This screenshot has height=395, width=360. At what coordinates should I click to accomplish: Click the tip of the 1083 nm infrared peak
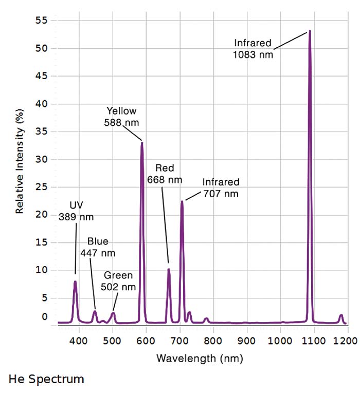(310, 31)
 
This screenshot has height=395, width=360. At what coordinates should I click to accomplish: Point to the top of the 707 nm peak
(182, 201)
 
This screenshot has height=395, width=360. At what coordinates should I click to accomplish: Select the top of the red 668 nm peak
(168, 269)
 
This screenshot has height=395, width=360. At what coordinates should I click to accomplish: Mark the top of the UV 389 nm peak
(75, 281)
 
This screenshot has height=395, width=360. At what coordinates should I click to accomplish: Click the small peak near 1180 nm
(340, 315)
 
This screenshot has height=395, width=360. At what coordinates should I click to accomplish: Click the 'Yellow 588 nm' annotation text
(121, 117)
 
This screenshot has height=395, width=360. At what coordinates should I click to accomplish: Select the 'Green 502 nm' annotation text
(119, 281)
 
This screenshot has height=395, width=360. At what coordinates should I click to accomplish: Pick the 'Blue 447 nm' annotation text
(98, 247)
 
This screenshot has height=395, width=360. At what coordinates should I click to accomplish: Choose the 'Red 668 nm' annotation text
(165, 174)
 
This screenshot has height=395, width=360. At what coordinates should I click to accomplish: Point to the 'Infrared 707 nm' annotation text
(221, 188)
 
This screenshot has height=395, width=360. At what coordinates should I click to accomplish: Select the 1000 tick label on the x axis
(280, 340)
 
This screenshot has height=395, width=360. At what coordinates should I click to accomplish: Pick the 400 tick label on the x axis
(79, 340)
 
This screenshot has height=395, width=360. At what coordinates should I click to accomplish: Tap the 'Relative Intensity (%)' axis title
(20, 161)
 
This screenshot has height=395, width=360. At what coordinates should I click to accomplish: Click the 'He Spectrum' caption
(46, 380)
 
